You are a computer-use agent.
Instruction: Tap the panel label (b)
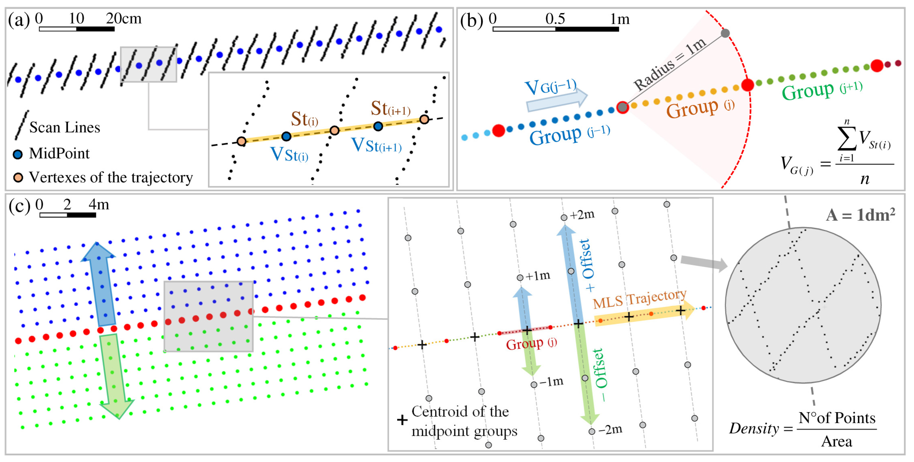(472, 20)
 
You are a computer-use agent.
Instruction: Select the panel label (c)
(19, 206)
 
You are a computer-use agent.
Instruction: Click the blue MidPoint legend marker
(18, 154)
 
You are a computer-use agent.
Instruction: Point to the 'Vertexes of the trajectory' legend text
(111, 177)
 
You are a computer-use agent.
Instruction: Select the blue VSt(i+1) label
(376, 145)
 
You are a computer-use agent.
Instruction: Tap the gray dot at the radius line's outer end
(725, 33)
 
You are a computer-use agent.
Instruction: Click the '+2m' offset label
(582, 215)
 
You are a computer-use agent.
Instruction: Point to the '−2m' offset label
(610, 430)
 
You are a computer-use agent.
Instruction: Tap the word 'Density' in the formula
(754, 429)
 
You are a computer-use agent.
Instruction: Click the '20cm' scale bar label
(124, 18)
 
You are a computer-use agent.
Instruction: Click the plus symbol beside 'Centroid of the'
(402, 420)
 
